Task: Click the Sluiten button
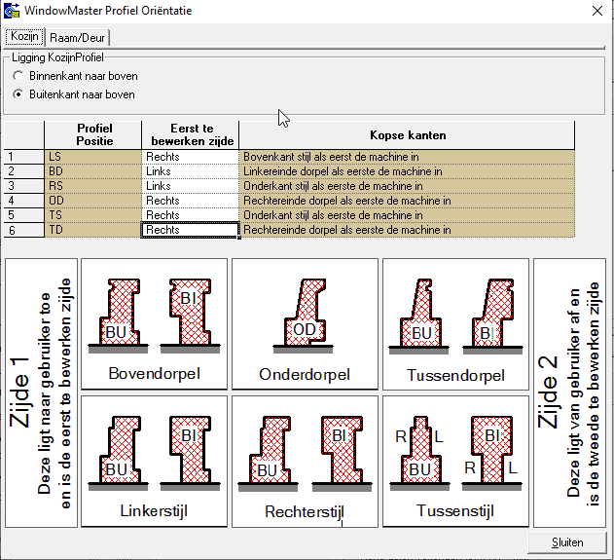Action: point(566,542)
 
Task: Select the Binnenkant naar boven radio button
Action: point(18,76)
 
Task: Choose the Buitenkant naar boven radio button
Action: point(18,94)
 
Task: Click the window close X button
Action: point(596,11)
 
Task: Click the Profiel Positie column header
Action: point(93,134)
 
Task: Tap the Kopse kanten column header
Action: point(408,134)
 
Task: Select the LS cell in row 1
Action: point(93,156)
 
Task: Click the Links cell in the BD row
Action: point(191,170)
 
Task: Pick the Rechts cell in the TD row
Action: point(191,230)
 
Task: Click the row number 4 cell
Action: point(24,201)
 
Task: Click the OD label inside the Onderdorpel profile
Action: point(305,330)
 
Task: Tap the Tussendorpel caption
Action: point(455,375)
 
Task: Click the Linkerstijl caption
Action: point(154,510)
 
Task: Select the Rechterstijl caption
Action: point(305,511)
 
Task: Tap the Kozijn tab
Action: point(23,36)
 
